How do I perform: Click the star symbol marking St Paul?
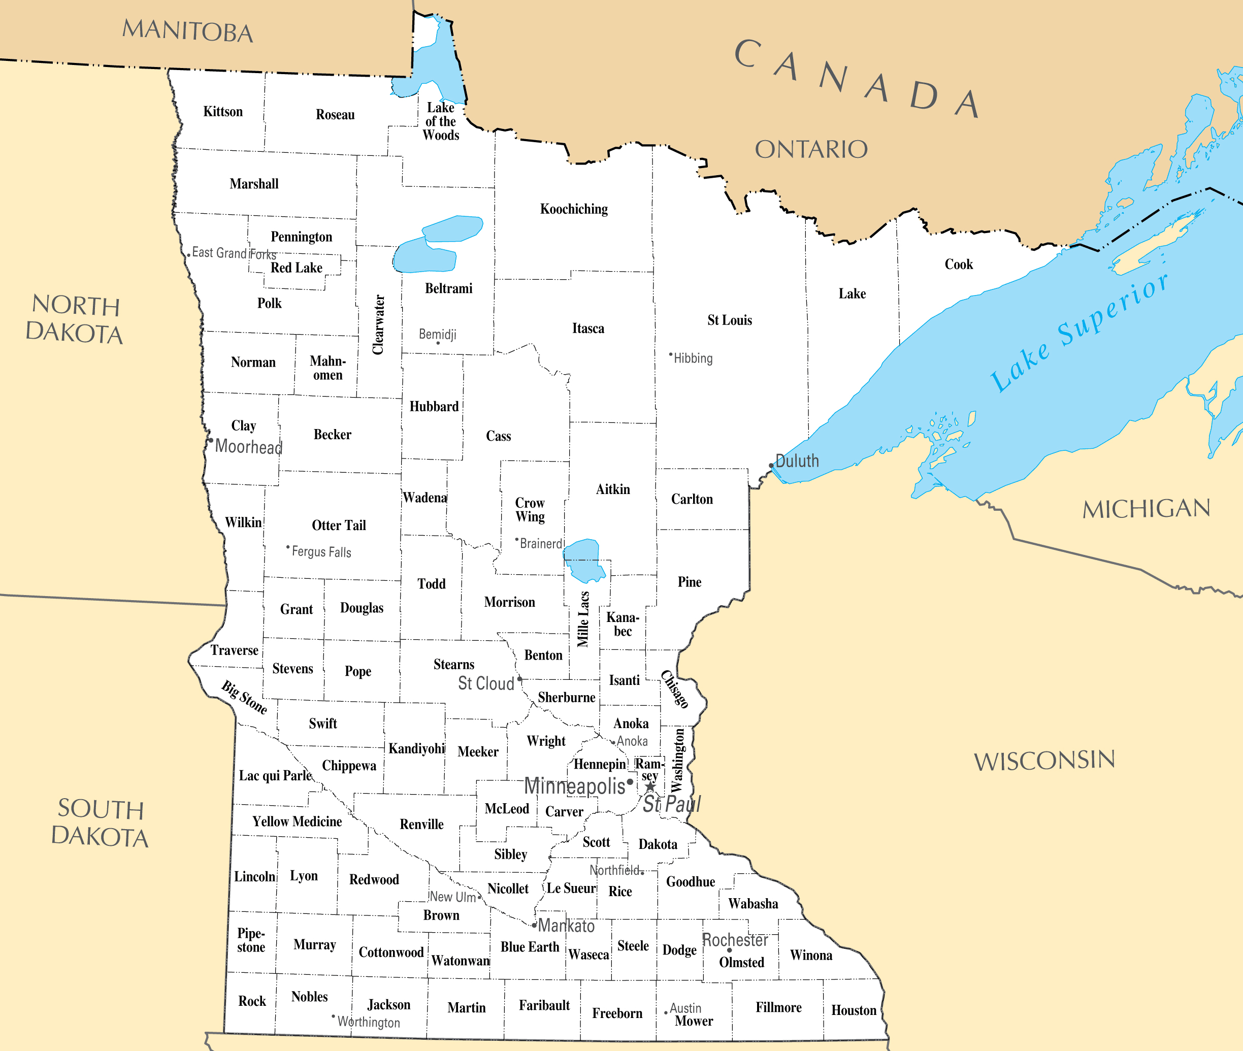[x=650, y=787]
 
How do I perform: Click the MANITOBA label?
[x=188, y=31]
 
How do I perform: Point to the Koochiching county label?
[x=574, y=209]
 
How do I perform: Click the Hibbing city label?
[x=693, y=358]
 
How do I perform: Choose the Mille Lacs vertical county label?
[x=583, y=619]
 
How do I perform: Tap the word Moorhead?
[x=248, y=447]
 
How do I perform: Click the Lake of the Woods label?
[x=441, y=121]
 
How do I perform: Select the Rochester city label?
[x=735, y=940]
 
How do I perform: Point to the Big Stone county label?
[x=244, y=697]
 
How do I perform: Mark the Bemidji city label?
[x=437, y=334]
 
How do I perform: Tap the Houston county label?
[x=854, y=1010]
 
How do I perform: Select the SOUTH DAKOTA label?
[x=100, y=824]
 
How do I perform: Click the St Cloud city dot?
[x=519, y=679]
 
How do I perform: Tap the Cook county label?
[x=958, y=265]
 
